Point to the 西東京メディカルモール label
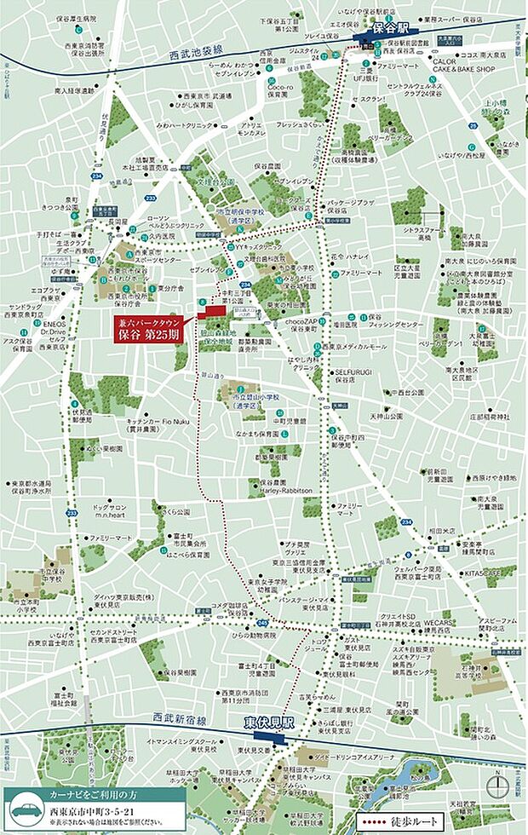click(353, 345)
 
